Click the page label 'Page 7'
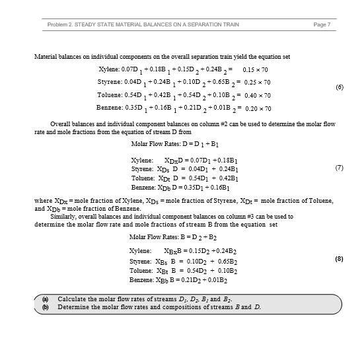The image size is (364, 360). coord(325,24)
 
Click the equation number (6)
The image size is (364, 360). coord(339,87)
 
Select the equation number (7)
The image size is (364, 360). coord(339,167)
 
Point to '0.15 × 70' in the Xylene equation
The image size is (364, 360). coord(257,69)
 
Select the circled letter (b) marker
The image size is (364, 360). coord(46,307)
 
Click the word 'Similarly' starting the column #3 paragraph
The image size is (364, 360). coord(63,216)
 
